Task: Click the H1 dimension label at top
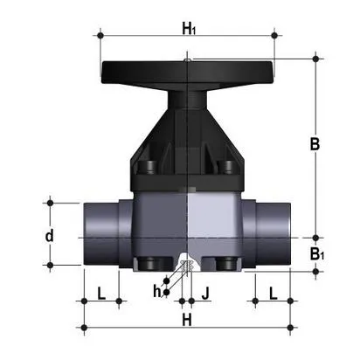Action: (x=188, y=29)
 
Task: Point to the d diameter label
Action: (x=50, y=236)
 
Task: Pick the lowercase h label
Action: (x=157, y=291)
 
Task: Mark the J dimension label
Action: (x=206, y=291)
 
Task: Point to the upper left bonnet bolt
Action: (x=149, y=166)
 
